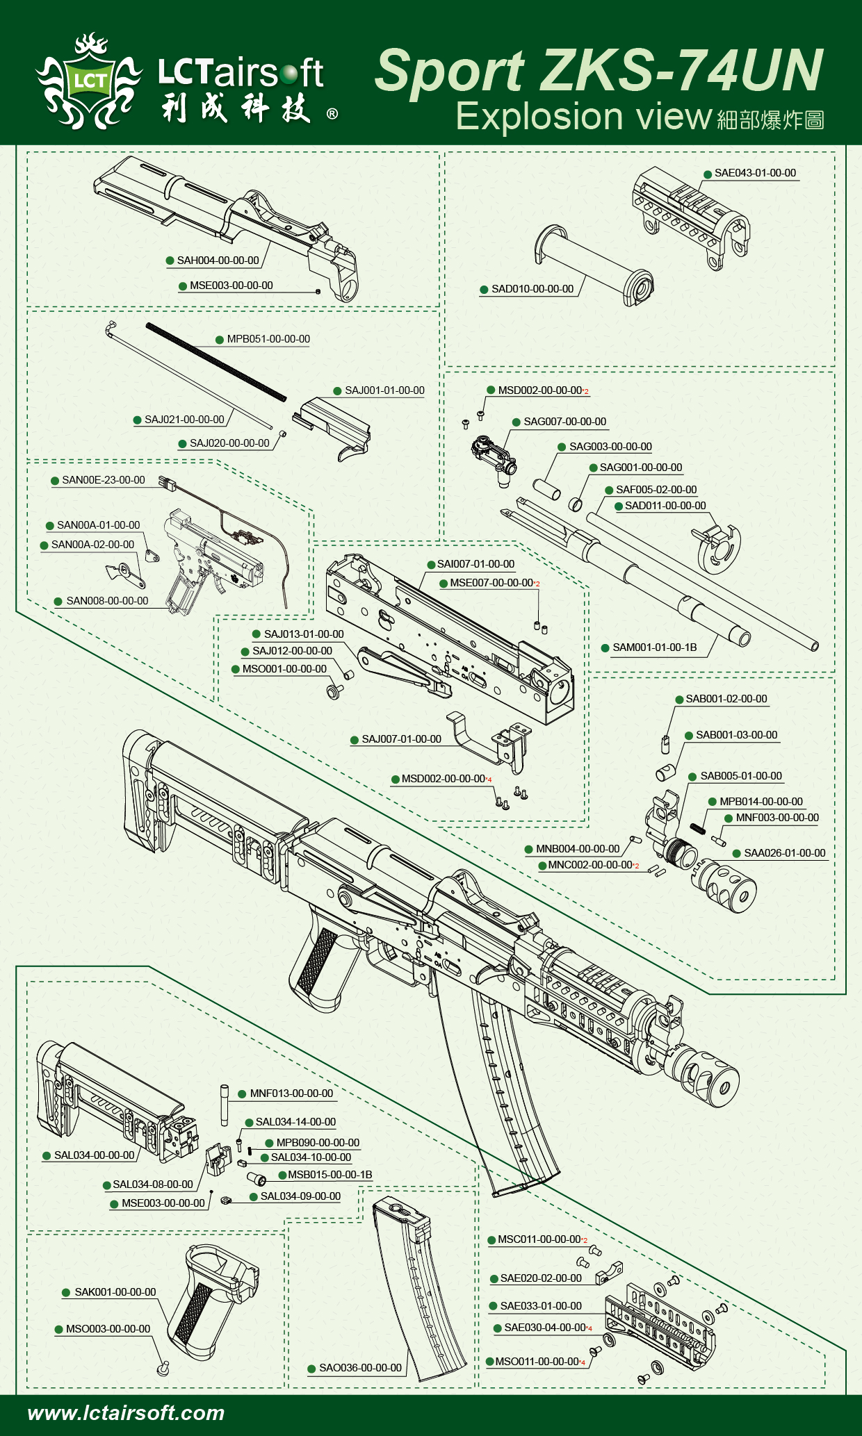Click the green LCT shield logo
(90, 81)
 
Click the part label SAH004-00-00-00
(218, 261)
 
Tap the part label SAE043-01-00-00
(756, 173)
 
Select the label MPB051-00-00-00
(268, 339)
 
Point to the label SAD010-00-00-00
(532, 289)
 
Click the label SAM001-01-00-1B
(654, 647)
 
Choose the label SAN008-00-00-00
(107, 601)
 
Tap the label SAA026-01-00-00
(785, 853)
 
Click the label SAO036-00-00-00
(360, 1368)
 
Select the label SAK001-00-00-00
(115, 1292)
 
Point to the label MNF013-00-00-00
(291, 1093)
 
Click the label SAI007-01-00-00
(475, 564)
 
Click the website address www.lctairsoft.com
(126, 1413)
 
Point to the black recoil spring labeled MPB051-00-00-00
(216, 361)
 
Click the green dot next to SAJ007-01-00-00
(355, 740)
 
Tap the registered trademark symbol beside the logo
(332, 113)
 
